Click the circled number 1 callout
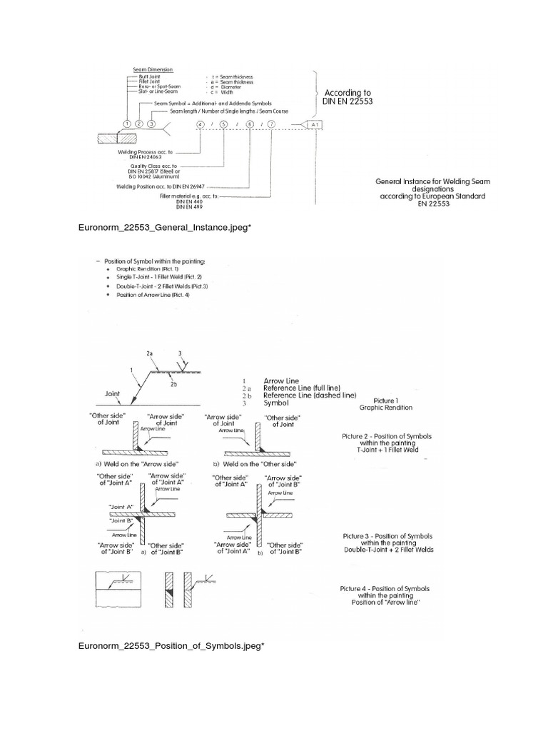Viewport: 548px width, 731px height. tap(126, 123)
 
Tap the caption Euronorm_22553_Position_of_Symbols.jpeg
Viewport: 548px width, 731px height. tap(171, 646)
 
